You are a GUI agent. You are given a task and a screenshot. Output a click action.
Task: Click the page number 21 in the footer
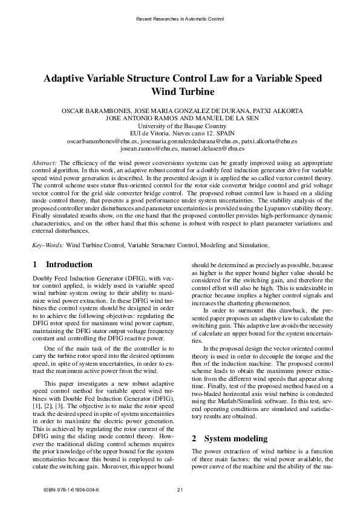pos(180,489)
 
